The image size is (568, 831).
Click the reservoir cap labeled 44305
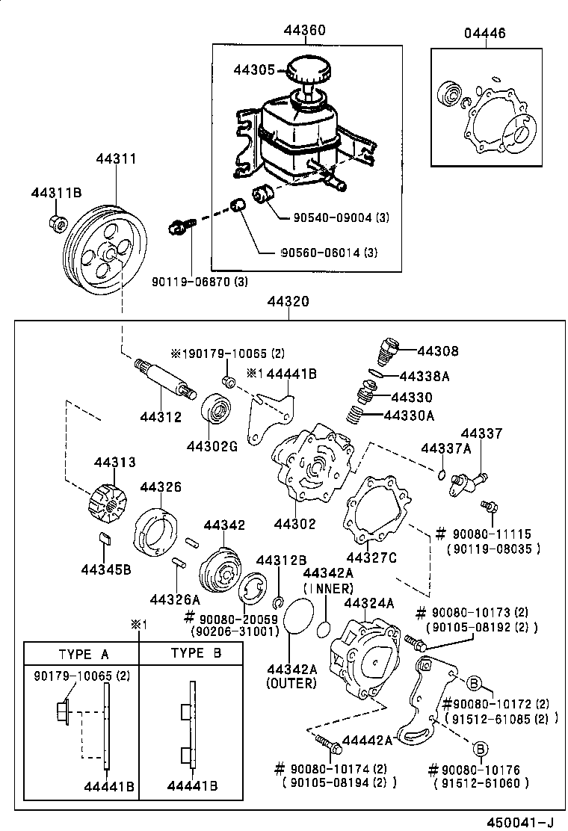(308, 70)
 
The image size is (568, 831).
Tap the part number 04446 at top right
(485, 33)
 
